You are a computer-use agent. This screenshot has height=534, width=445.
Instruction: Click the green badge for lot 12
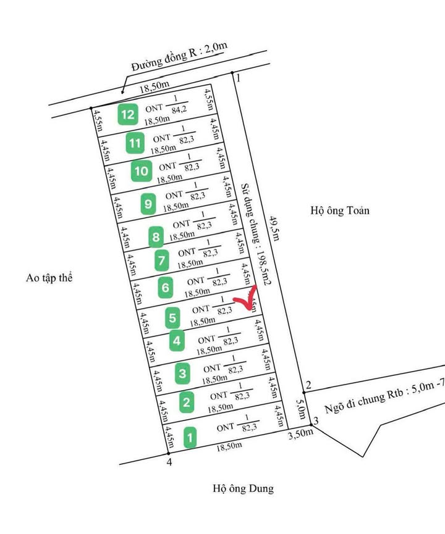click(129, 114)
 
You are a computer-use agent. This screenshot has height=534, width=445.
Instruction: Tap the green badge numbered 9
click(148, 203)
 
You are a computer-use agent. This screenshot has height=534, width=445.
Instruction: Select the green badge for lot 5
click(173, 319)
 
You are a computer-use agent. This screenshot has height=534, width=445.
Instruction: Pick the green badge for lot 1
click(190, 438)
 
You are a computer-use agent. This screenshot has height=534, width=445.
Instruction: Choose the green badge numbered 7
click(161, 261)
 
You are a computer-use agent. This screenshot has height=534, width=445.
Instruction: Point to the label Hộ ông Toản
click(340, 211)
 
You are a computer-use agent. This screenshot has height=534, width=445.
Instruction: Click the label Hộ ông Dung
click(243, 489)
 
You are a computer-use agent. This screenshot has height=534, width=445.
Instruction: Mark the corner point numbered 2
click(304, 391)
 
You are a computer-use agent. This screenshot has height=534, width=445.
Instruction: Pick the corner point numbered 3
click(310, 424)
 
